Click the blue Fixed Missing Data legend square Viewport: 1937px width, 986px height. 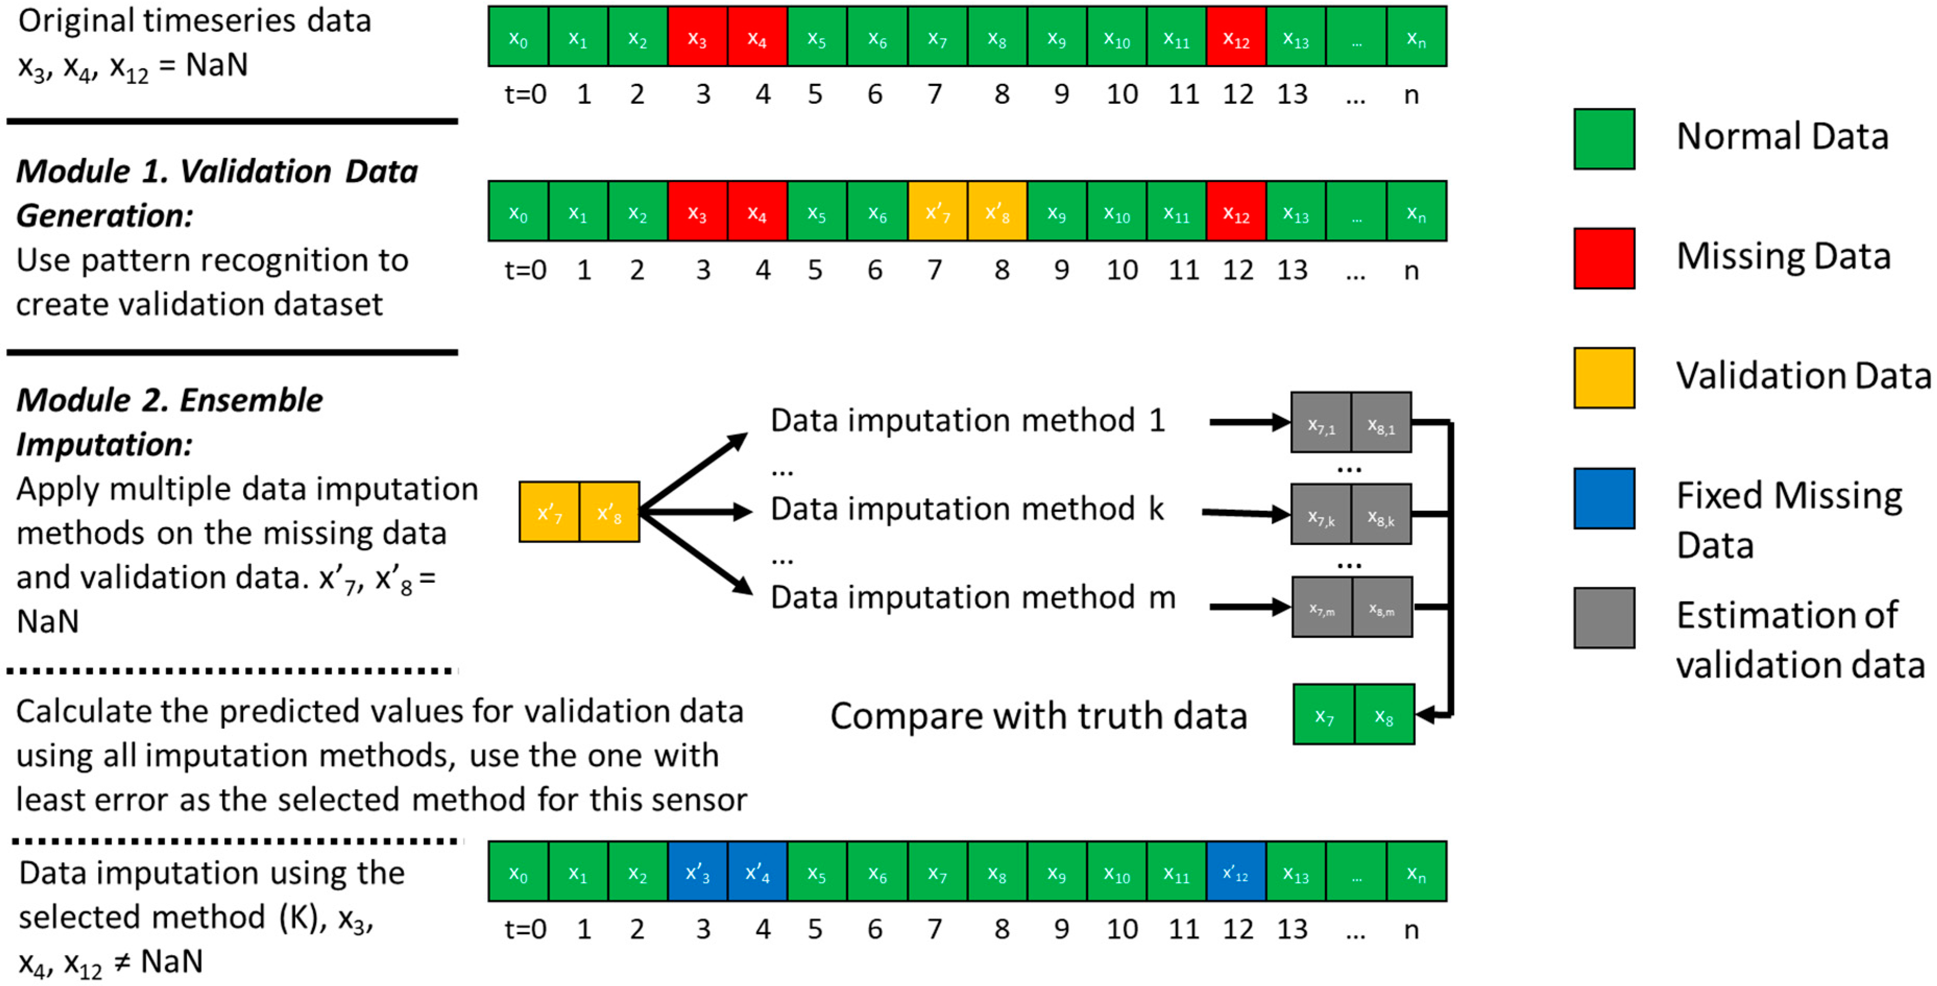tap(1604, 498)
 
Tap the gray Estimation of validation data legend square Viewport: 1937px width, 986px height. tap(1604, 618)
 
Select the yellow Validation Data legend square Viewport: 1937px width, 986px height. tap(1604, 377)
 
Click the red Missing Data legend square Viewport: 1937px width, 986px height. tap(1604, 258)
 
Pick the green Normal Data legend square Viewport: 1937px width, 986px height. tap(1604, 139)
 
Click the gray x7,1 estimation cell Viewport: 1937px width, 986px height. tap(1321, 422)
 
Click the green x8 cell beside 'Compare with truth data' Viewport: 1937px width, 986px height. tap(1384, 714)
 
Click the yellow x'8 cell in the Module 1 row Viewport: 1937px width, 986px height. tap(997, 211)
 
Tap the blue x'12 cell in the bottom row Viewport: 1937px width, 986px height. tap(1236, 871)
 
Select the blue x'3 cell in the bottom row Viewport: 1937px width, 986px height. tap(698, 871)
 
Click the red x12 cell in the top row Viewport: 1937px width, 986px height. tap(1236, 36)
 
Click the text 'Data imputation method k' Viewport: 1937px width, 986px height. tap(967, 509)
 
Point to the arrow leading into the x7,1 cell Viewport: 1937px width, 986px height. tap(1248, 422)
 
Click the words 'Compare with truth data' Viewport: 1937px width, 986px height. tap(1038, 716)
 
